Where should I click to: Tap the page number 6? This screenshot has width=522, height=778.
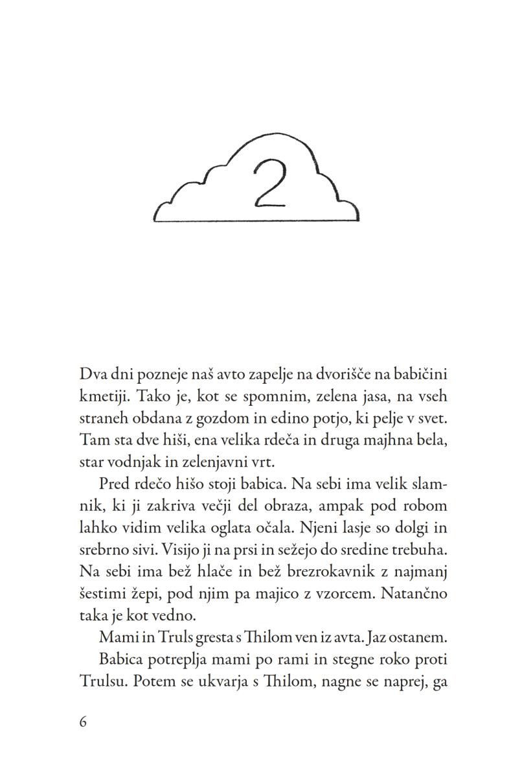83,722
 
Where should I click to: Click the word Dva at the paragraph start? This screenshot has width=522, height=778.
92,375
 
